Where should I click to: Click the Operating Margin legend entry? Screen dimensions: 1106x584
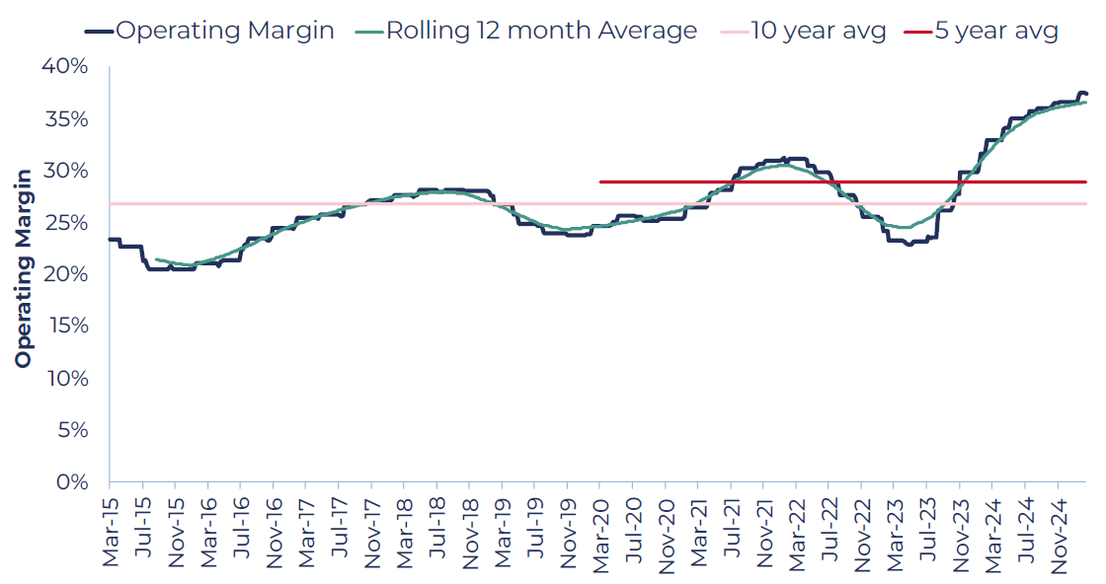pos(208,31)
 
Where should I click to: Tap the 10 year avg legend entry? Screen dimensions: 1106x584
pos(803,31)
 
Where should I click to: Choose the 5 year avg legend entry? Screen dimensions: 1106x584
pos(982,31)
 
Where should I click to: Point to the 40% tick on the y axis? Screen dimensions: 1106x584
pos(65,66)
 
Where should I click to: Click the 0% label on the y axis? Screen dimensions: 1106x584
pos(73,482)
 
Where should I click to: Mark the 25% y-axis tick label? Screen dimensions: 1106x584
pos(66,223)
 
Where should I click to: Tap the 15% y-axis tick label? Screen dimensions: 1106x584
pos(67,327)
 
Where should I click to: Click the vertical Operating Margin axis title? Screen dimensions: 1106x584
pos(24,268)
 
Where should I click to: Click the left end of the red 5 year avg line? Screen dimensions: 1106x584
pos(600,182)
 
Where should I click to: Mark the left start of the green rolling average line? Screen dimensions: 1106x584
pos(156,260)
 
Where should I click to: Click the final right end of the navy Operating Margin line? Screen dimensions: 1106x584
pos(1086,94)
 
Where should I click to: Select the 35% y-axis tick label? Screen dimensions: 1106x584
pos(66,118)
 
